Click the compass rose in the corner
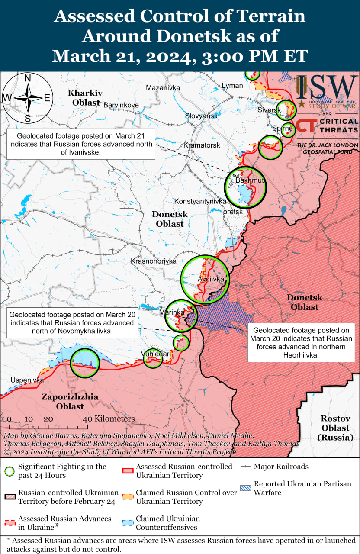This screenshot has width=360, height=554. click(27, 98)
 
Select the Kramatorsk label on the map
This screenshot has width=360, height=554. click(202, 145)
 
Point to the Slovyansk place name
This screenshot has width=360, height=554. click(201, 116)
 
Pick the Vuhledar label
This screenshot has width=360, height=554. click(155, 354)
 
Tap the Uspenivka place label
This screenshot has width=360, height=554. click(27, 380)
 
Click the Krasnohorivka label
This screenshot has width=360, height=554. click(154, 261)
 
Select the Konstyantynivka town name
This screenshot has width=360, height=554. click(200, 201)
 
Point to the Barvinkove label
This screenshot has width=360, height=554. click(121, 105)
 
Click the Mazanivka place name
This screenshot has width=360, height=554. click(163, 88)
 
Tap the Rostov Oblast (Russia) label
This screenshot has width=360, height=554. click(335, 428)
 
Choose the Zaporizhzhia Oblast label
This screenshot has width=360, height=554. click(70, 402)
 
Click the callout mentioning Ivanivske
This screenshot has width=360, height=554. click(81, 144)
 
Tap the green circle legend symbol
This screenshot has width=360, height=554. click(10, 471)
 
